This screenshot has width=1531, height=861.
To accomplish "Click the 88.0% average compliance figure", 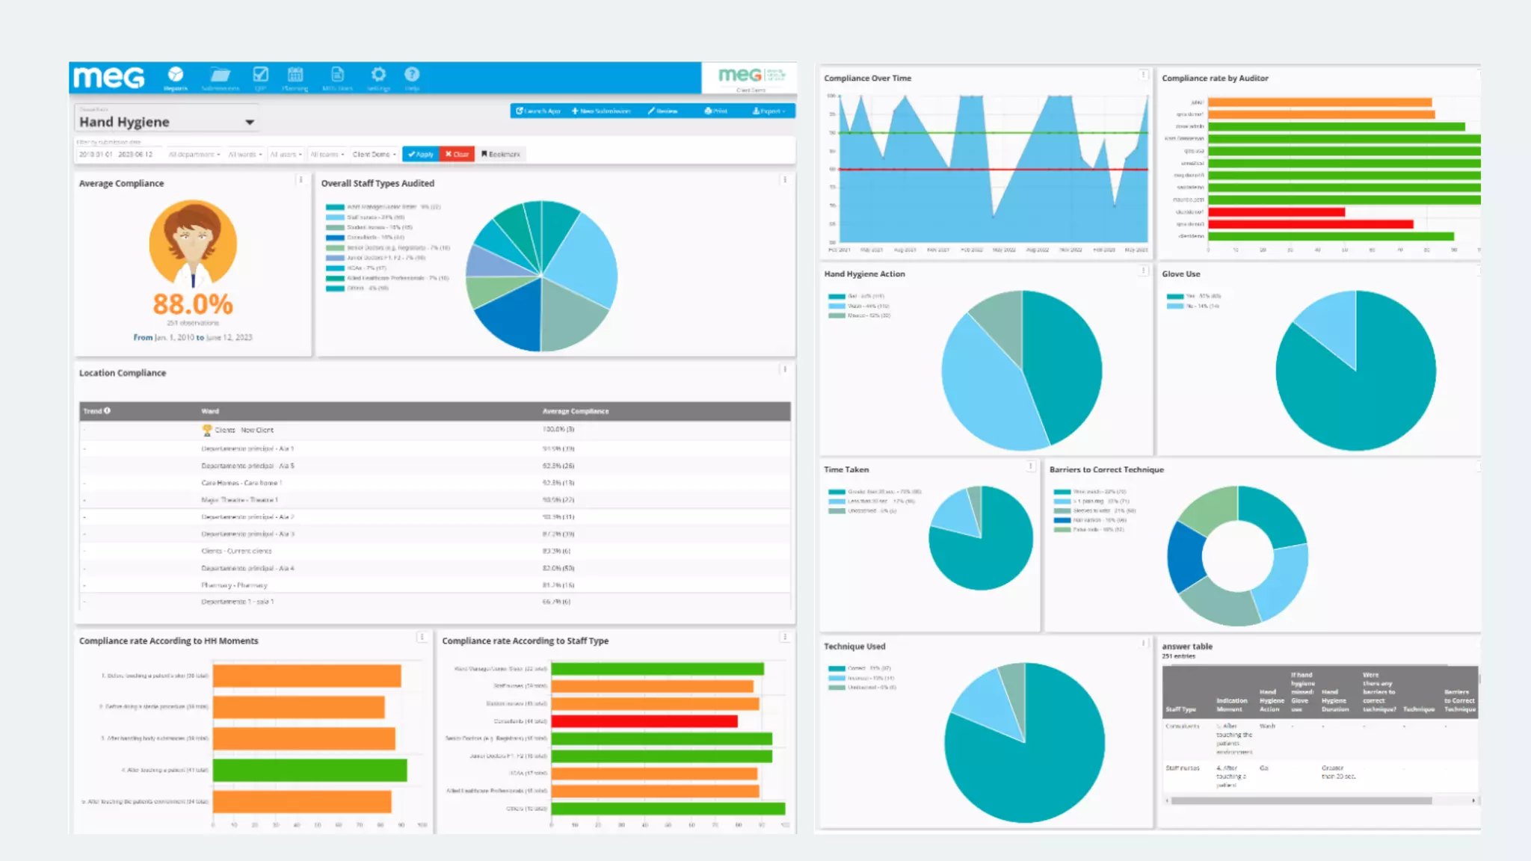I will click(193, 304).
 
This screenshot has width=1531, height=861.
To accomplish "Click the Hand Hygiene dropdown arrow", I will click(250, 122).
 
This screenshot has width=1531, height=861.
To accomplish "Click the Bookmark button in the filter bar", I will click(501, 154).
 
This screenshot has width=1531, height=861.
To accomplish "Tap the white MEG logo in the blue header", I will click(109, 77).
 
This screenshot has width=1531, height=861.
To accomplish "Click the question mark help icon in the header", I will click(412, 75).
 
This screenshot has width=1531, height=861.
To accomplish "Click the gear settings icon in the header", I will click(378, 75).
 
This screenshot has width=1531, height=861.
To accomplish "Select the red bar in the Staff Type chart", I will click(644, 721).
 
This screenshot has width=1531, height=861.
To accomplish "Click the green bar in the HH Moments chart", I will click(309, 770).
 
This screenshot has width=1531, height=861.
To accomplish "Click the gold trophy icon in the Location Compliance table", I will click(207, 430).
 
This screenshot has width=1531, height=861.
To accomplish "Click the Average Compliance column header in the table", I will click(576, 411).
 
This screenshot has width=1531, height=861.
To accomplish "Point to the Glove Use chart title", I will click(1180, 274).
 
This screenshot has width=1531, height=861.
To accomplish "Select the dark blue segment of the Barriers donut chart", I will click(1185, 557).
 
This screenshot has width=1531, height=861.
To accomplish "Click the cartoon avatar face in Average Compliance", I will click(193, 239).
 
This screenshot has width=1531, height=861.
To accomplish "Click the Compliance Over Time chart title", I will click(867, 78).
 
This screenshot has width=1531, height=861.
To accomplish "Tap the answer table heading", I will click(1186, 646).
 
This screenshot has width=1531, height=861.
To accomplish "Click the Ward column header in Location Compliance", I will click(210, 411).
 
